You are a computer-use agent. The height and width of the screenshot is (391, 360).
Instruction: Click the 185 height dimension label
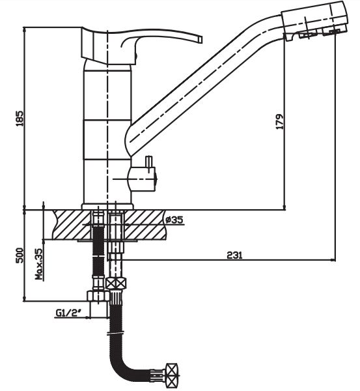click(x=20, y=118)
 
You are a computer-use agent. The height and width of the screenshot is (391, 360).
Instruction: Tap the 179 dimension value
click(x=279, y=121)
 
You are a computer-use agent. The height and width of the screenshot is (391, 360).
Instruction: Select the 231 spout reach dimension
click(x=234, y=255)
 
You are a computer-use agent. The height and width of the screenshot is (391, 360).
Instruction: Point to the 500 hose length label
click(x=20, y=255)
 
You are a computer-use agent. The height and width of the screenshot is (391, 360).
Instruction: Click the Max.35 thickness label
click(x=39, y=264)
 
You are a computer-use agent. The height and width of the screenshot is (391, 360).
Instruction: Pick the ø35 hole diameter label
click(x=174, y=220)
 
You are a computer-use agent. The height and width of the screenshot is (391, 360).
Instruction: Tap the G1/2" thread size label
click(x=69, y=312)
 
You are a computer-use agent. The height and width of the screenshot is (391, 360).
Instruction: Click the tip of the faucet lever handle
click(x=201, y=39)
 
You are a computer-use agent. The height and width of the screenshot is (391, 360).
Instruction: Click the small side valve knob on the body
click(x=142, y=179)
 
